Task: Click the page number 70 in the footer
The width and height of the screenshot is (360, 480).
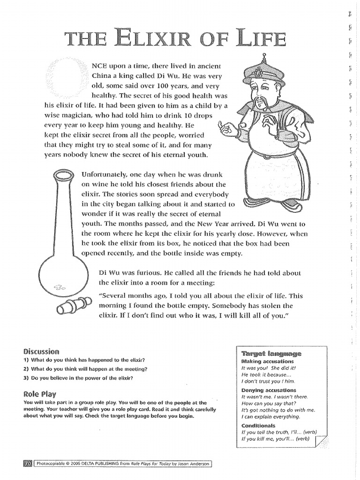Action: pyautogui.click(x=27, y=464)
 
